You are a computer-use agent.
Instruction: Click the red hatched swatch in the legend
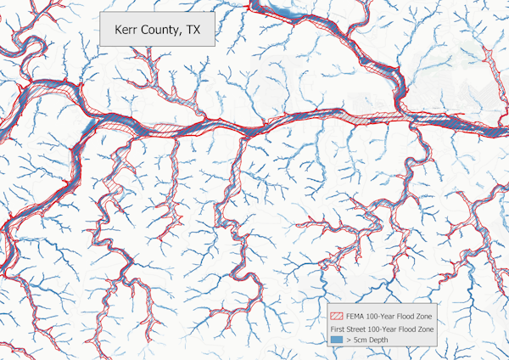[x=338, y=316]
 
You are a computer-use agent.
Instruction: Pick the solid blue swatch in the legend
[x=338, y=338]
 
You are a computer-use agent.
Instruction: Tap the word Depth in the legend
[x=382, y=338]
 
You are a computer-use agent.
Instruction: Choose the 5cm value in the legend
[x=363, y=338]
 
